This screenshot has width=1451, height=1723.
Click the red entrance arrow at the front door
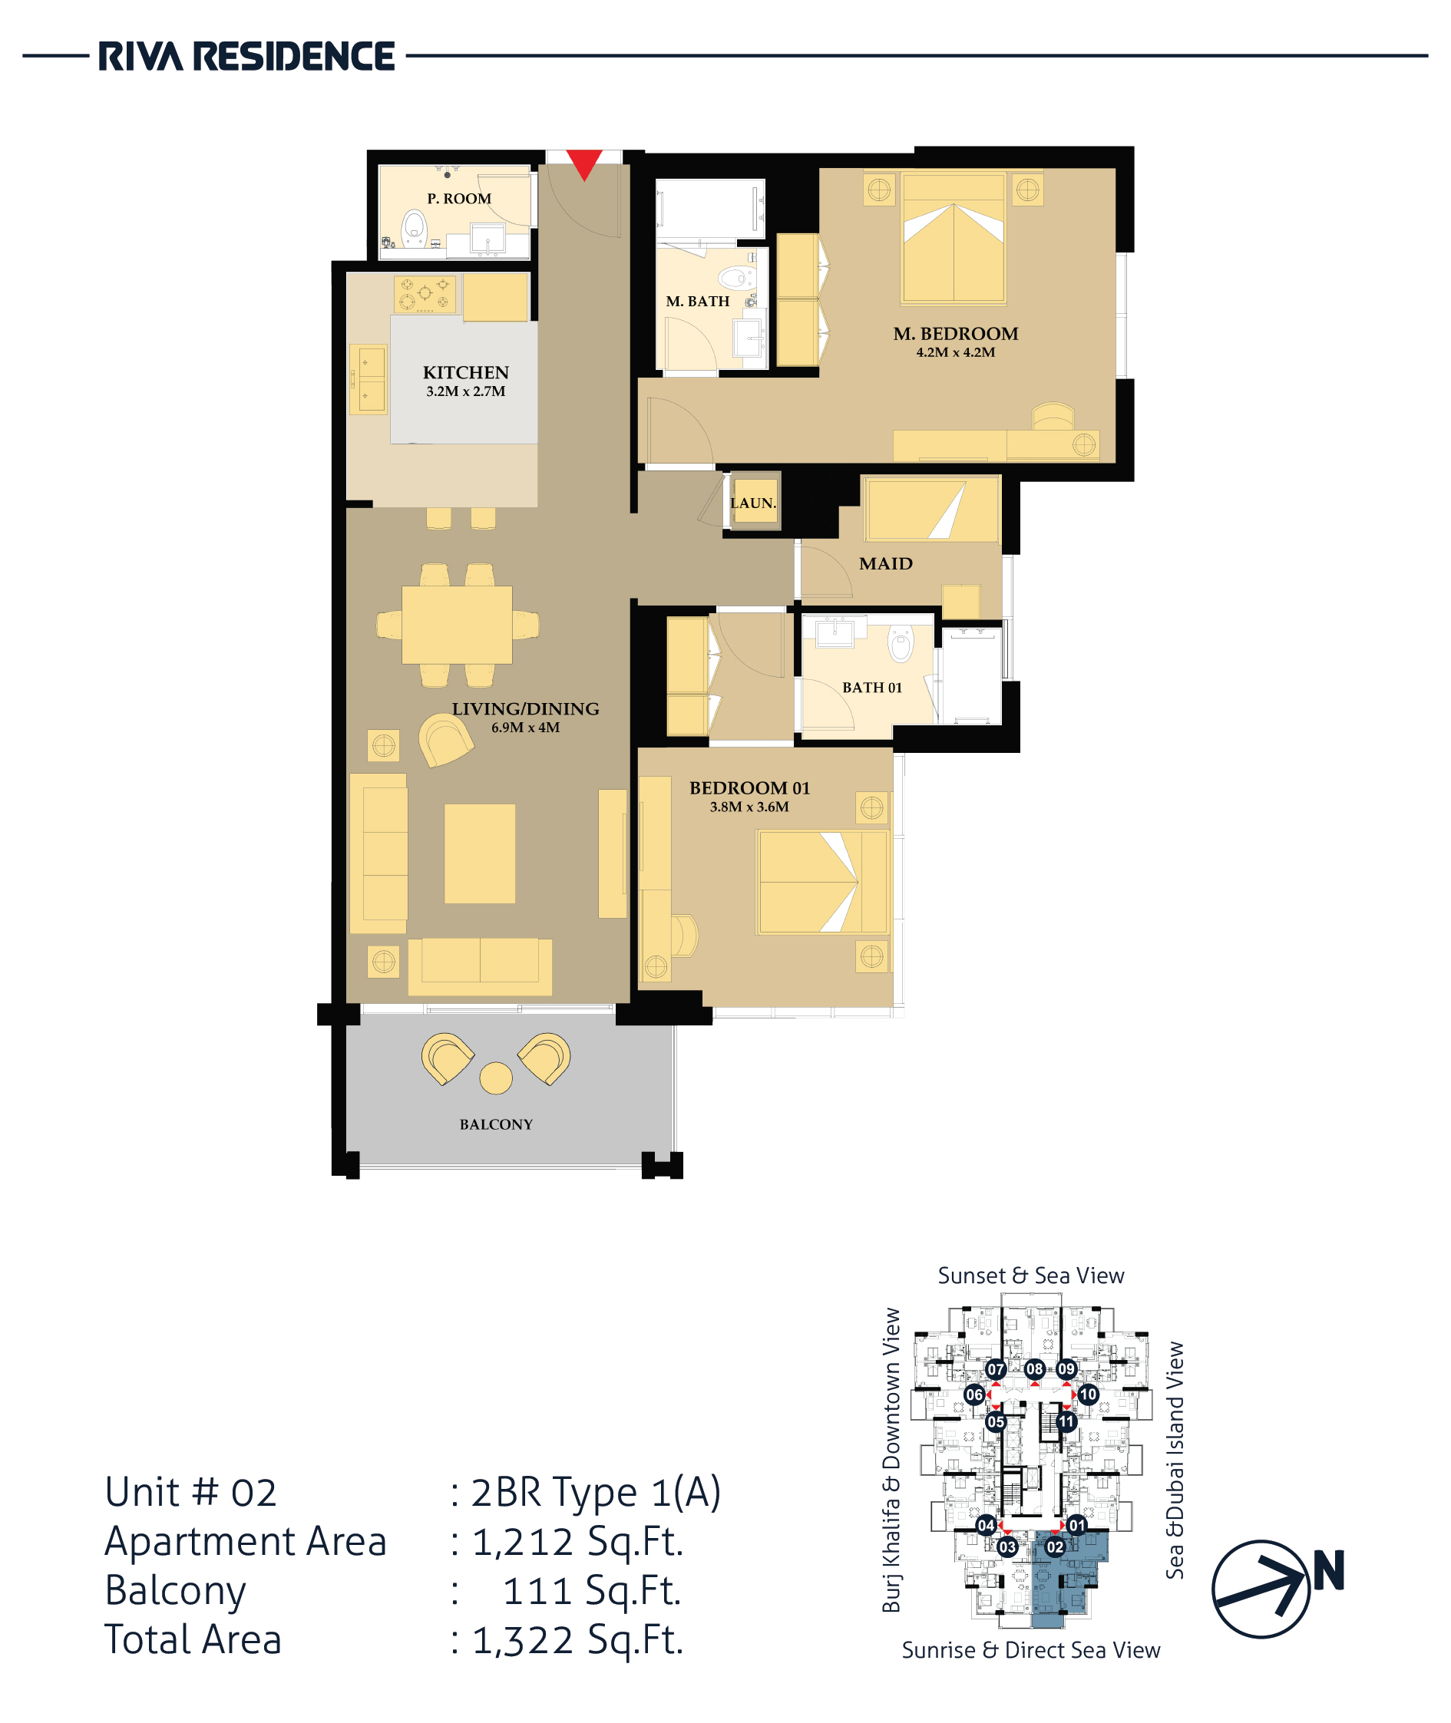584,163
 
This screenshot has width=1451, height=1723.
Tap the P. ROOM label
459,199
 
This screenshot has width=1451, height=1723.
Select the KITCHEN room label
465,372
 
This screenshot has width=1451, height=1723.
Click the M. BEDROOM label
956,334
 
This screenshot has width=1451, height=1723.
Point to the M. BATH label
698,302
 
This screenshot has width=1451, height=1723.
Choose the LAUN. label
752,503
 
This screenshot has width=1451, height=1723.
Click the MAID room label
886,564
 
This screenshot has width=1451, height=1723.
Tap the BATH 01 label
872,688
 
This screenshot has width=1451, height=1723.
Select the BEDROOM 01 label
749,788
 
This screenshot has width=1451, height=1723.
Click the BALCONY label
496,1124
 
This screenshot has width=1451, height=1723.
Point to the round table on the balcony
496,1078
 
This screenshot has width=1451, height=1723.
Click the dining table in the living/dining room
457,624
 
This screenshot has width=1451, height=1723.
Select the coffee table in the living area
480,853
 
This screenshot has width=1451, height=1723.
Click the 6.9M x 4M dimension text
526,728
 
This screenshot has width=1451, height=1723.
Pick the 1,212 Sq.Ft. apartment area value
577,1541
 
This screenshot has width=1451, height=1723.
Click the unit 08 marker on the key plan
1034,1368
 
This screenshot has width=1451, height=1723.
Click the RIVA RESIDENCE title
246,57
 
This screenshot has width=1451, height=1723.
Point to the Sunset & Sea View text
1030,1276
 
